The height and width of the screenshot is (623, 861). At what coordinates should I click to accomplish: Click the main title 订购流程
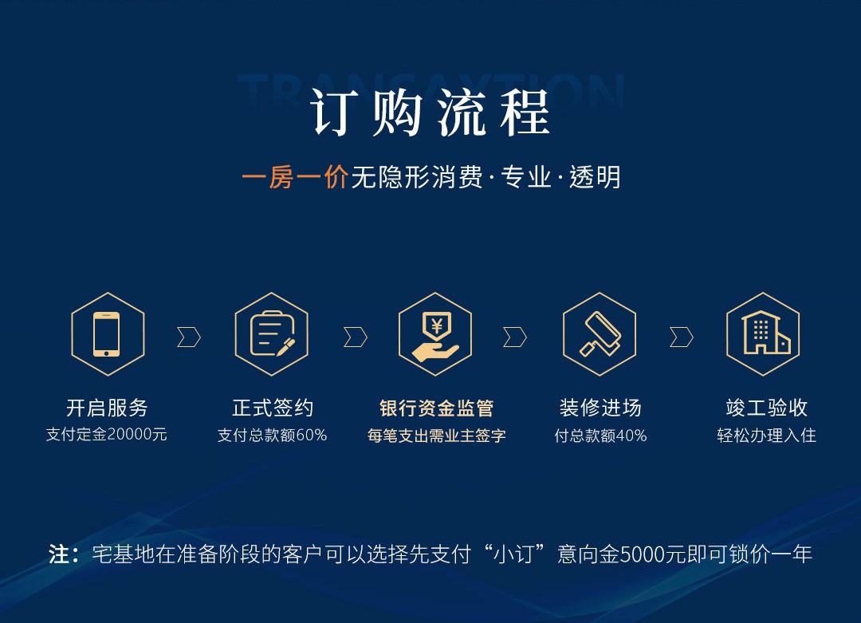pyautogui.click(x=430, y=112)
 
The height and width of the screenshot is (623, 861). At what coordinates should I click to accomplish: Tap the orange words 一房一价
pyautogui.click(x=295, y=177)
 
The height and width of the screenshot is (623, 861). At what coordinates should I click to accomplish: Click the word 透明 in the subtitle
pyautogui.click(x=595, y=177)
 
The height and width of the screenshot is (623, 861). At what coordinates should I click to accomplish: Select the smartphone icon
pyautogui.click(x=107, y=334)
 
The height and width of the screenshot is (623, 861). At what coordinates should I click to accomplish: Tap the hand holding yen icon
pyautogui.click(x=435, y=336)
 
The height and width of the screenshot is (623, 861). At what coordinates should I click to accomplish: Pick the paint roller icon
pyautogui.click(x=600, y=334)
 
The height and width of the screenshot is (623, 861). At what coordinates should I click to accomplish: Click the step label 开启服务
pyautogui.click(x=107, y=408)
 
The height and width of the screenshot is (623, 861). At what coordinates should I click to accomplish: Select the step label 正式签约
pyautogui.click(x=273, y=408)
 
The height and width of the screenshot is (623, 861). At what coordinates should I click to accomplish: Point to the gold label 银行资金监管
pyautogui.click(x=437, y=408)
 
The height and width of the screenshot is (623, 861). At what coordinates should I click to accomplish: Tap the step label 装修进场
pyautogui.click(x=600, y=408)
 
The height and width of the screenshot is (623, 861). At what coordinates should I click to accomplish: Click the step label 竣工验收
pyautogui.click(x=767, y=408)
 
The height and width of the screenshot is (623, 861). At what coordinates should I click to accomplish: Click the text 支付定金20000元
pyautogui.click(x=107, y=435)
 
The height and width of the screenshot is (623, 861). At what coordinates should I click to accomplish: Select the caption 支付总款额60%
pyautogui.click(x=273, y=435)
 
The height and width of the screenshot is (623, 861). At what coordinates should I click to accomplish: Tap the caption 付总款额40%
pyautogui.click(x=600, y=436)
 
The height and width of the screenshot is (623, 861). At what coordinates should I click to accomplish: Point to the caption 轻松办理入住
pyautogui.click(x=767, y=436)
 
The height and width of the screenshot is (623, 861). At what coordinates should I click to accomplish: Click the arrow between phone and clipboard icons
pyautogui.click(x=190, y=337)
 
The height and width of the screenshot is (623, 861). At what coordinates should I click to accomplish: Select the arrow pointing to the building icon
pyautogui.click(x=682, y=337)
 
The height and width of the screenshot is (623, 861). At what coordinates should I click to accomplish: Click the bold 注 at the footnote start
pyautogui.click(x=59, y=554)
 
